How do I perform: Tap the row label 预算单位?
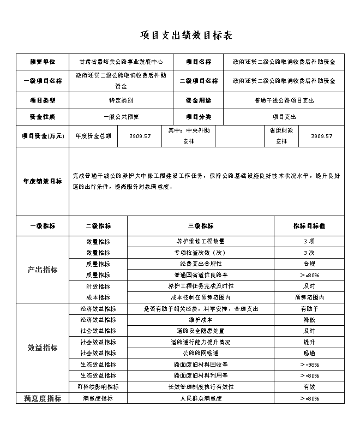pyautogui.click(x=43, y=62)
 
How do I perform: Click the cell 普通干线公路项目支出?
pyautogui.click(x=284, y=100)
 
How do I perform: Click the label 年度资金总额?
pyautogui.click(x=93, y=136)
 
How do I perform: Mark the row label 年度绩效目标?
pyautogui.click(x=43, y=181)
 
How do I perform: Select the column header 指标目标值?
pyautogui.click(x=309, y=226)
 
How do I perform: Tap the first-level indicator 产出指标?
pyautogui.click(x=43, y=270)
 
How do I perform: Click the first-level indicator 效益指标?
pyautogui.click(x=43, y=348)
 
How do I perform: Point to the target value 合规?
pyautogui.click(x=309, y=264)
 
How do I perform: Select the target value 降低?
pyautogui.click(x=309, y=320)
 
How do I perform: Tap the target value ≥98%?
pyautogui.click(x=309, y=365)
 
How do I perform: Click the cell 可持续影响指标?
pyautogui.click(x=98, y=387)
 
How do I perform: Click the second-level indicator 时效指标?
pyautogui.click(x=98, y=286)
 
